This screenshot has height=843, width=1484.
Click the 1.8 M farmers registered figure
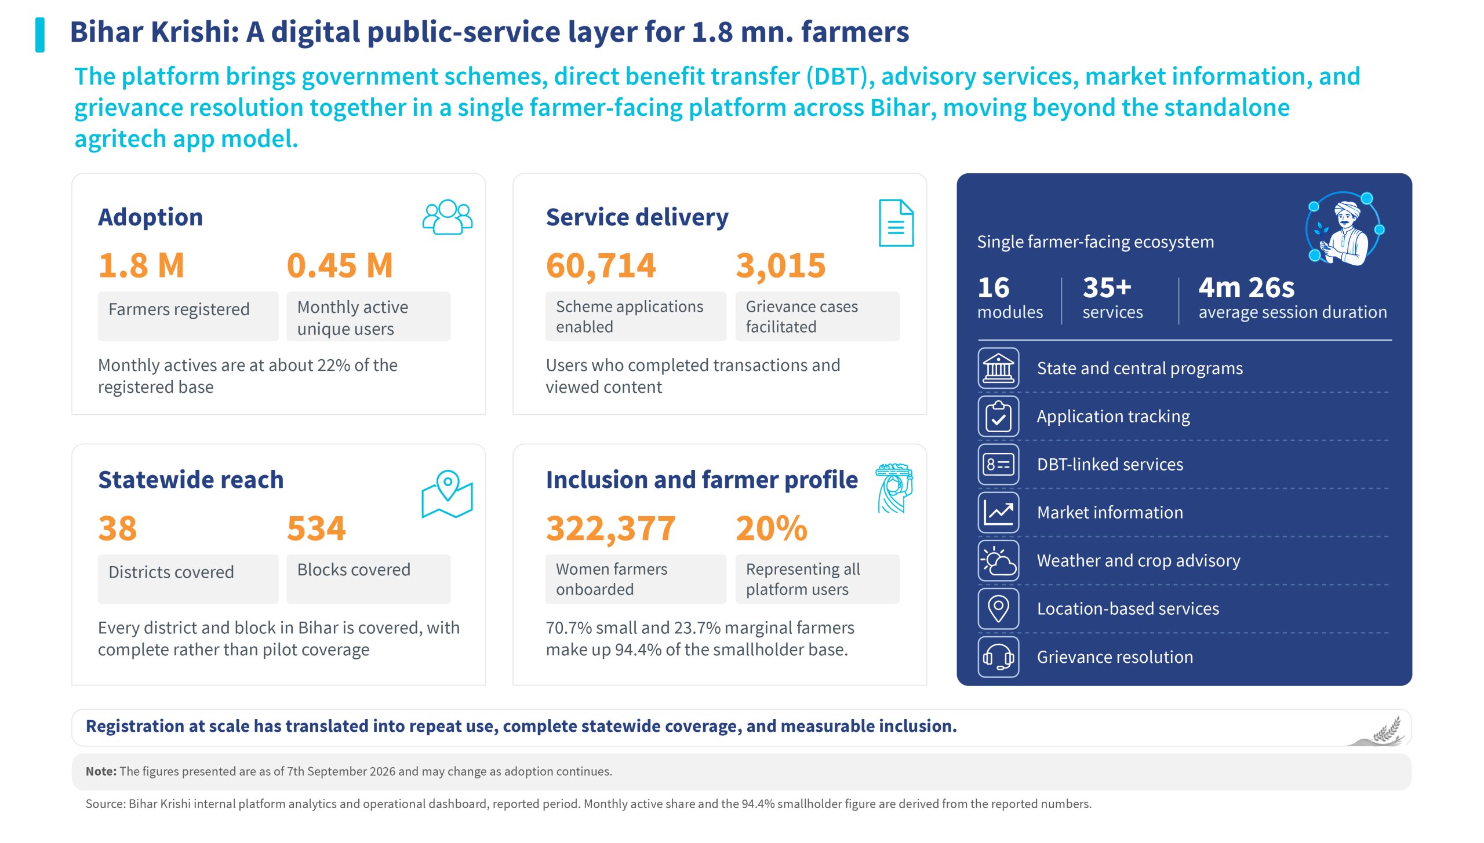[141, 265]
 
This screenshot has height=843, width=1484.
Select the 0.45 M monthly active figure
[340, 265]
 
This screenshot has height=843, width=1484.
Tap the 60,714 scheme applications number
[601, 266]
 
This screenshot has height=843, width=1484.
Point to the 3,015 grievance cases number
[780, 266]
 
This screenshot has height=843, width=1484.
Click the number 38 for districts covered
[118, 528]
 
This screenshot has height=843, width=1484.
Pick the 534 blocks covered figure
[317, 528]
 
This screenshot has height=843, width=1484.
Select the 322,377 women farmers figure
[610, 529]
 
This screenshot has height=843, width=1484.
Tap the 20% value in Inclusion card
[772, 528]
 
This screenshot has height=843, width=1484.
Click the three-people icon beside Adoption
[448, 217]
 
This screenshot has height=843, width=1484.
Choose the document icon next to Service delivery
[896, 223]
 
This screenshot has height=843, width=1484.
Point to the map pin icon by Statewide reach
[447, 494]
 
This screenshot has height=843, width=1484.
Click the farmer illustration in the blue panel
[1344, 229]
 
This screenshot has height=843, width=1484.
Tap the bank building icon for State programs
[998, 368]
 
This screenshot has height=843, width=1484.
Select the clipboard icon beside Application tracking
[998, 416]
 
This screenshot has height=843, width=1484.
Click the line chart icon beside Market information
[998, 512]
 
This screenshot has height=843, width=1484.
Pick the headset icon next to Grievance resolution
[998, 657]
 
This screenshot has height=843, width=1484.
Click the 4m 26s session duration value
[1246, 287]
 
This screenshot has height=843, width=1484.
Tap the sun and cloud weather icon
[998, 560]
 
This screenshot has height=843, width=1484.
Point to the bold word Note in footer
[101, 772]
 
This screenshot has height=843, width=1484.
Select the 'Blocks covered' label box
[368, 579]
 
